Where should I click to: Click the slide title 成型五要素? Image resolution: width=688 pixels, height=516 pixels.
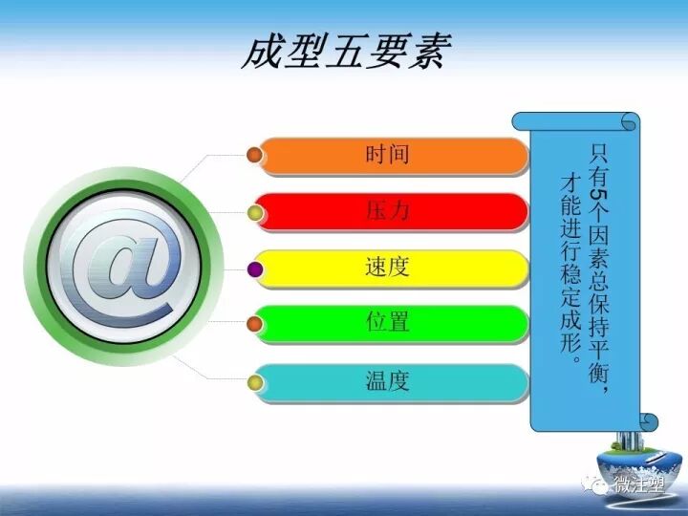point(345,52)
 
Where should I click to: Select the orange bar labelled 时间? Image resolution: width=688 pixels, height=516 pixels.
point(393,156)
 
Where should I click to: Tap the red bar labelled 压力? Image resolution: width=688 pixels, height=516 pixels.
point(393,211)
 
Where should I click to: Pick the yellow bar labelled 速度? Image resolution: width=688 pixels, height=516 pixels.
point(393,268)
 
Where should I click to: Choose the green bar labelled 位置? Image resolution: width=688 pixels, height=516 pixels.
point(393,324)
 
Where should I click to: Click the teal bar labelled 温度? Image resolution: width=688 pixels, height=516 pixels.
point(393,381)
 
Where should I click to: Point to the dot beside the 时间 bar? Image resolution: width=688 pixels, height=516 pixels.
point(254,155)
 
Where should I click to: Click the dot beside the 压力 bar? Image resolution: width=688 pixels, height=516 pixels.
point(254,212)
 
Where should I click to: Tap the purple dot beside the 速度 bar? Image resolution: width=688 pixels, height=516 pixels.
point(254,269)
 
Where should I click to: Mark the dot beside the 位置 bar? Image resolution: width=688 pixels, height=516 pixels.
point(254,325)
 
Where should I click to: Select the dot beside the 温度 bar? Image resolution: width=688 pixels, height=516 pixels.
point(254,382)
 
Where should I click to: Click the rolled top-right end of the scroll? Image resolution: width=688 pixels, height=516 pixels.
point(629,121)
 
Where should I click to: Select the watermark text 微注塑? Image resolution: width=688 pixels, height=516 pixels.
point(641,487)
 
